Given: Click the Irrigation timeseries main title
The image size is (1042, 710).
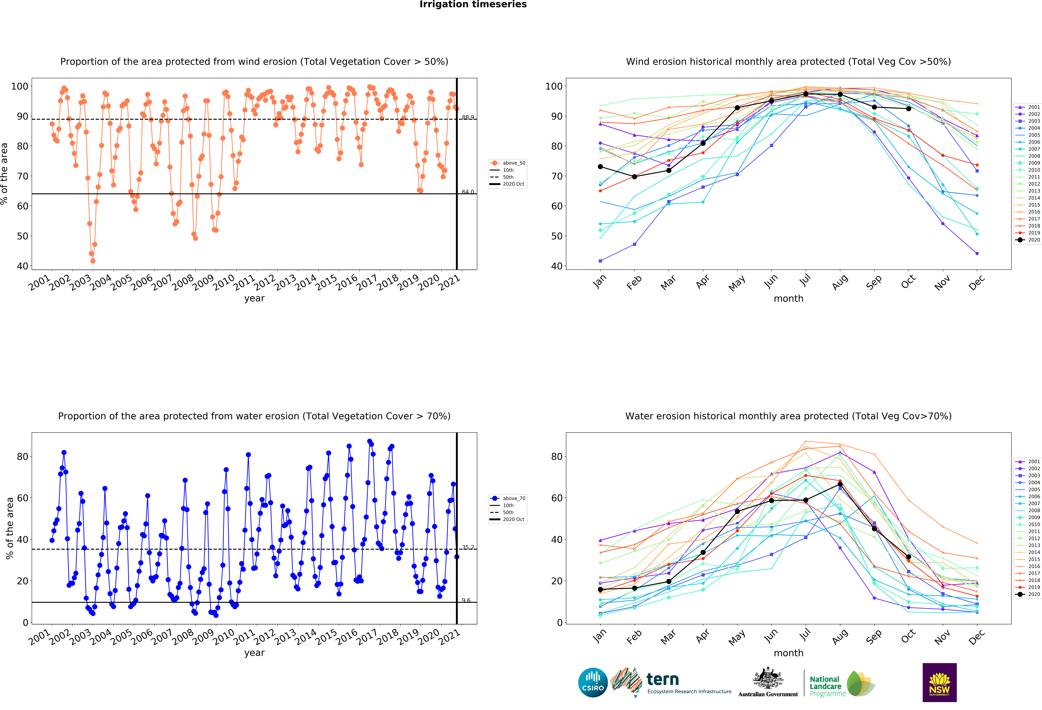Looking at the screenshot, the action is (473, 4).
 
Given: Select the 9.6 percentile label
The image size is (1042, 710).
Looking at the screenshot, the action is (466, 600).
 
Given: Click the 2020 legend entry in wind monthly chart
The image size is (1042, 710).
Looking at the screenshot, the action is (1028, 240).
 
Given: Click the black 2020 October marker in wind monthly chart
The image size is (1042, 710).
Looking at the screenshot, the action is (908, 108).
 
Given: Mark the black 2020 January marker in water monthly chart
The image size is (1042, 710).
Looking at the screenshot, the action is (600, 589).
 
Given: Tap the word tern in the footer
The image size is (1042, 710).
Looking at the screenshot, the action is (663, 680).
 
